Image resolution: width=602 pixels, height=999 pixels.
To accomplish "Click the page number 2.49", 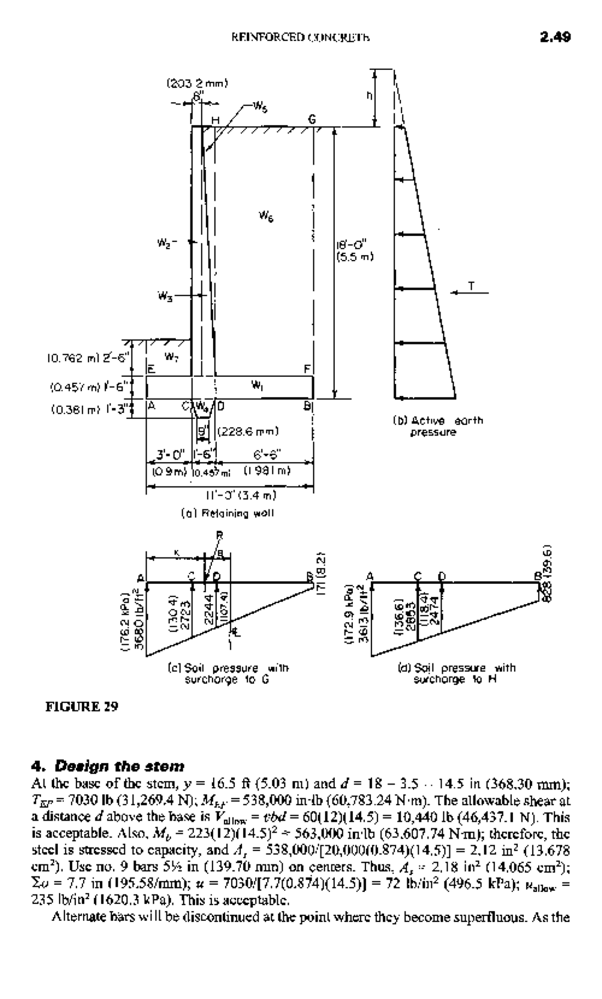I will (x=555, y=37).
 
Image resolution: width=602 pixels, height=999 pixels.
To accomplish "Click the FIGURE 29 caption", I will (x=82, y=707).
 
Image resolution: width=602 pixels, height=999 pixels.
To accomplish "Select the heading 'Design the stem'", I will (x=108, y=766).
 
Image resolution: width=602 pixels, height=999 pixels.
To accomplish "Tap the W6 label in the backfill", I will (x=266, y=216).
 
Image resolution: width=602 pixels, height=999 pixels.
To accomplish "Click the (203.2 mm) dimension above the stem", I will (x=197, y=83).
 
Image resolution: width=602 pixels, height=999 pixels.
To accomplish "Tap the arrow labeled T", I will (x=470, y=292).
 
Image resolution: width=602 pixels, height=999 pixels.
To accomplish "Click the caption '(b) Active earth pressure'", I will (x=438, y=426).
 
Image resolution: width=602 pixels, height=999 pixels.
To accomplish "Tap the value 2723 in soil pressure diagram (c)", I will (x=185, y=611).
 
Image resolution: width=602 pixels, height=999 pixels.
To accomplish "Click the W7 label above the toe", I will (x=171, y=357).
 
